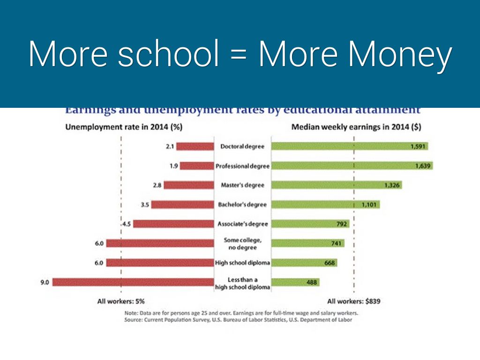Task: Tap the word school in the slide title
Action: point(169,55)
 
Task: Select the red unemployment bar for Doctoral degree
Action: point(195,146)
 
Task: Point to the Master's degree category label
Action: point(242,185)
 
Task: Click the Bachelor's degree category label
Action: point(242,204)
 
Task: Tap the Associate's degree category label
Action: point(242,224)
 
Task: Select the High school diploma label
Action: point(242,263)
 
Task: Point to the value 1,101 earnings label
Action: point(369,205)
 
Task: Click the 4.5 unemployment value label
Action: point(127,224)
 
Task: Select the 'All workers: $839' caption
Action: point(353,301)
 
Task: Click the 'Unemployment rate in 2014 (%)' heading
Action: point(123,127)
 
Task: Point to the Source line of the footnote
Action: point(238,320)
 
